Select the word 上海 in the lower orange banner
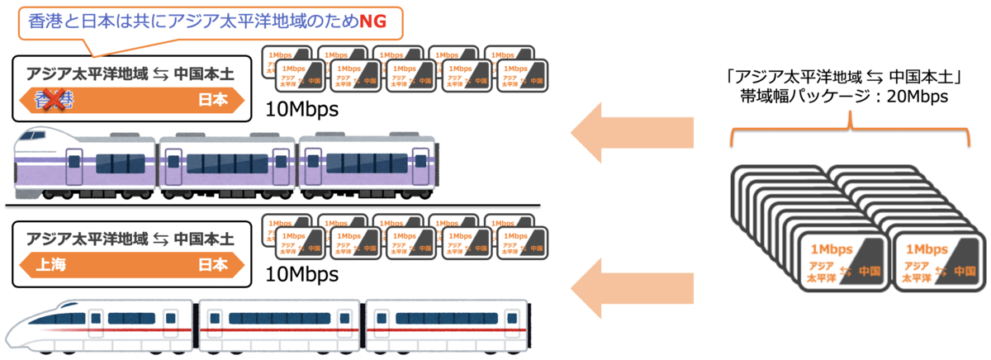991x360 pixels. tap(50, 266)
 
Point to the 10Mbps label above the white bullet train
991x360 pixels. tap(301, 273)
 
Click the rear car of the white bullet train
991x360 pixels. tap(446, 322)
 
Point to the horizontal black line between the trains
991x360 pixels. tap(273, 205)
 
